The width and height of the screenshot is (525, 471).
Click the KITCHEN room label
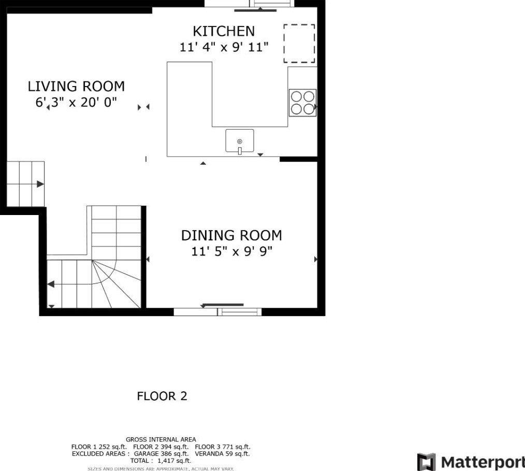point(224,31)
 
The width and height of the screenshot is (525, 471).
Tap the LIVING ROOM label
point(76,87)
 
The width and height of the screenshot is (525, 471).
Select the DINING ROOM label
point(231,235)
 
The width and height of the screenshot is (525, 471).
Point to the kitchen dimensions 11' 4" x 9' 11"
point(224,47)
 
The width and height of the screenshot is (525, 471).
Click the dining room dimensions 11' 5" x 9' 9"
point(232,251)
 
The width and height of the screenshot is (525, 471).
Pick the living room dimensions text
point(76,102)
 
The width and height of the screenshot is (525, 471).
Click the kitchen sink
point(239,141)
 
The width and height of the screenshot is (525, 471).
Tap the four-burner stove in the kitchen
point(302,103)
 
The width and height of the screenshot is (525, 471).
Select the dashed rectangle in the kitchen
point(299,43)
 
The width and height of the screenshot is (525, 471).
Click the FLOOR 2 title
point(162,396)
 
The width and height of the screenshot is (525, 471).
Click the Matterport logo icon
point(426,462)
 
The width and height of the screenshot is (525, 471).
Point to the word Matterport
point(483,462)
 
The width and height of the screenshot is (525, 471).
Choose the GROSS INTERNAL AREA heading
point(161,439)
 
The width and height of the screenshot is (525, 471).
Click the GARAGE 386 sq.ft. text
point(161,454)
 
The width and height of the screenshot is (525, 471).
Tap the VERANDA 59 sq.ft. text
point(222,454)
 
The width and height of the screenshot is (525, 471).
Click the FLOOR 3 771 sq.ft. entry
point(222,447)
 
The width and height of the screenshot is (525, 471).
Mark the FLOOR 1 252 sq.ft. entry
point(99,447)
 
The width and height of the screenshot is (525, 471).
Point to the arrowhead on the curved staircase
point(51,284)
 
